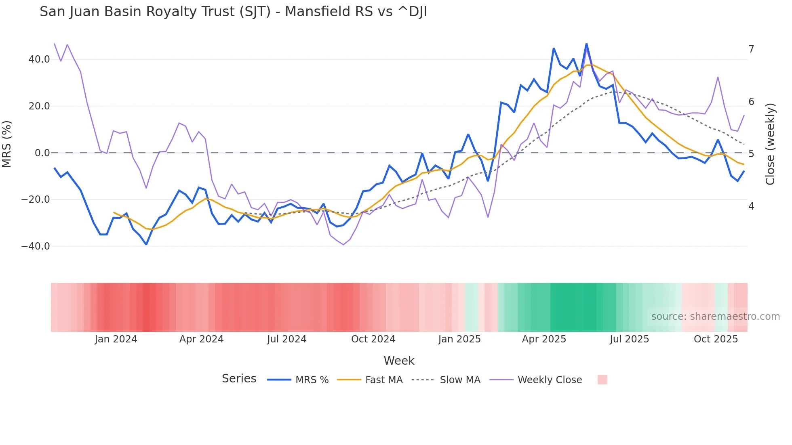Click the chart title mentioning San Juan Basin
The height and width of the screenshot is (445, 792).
click(x=233, y=12)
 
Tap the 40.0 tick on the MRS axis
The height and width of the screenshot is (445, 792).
click(x=39, y=59)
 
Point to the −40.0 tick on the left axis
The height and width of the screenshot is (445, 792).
click(x=36, y=246)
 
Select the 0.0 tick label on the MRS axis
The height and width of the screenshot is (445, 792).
click(x=42, y=153)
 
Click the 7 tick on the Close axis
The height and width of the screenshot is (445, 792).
click(x=751, y=49)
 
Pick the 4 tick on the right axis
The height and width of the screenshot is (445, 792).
click(x=751, y=206)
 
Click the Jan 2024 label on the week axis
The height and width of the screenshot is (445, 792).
click(x=116, y=339)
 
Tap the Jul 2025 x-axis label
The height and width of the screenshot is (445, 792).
click(x=629, y=339)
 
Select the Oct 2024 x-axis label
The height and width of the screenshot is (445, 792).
click(x=373, y=339)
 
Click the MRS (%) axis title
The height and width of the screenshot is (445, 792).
click(x=7, y=144)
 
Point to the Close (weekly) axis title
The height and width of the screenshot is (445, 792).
click(x=770, y=144)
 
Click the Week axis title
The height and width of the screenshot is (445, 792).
click(x=399, y=361)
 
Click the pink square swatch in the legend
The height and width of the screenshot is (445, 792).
click(x=602, y=380)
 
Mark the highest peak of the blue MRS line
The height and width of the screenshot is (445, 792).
click(x=586, y=44)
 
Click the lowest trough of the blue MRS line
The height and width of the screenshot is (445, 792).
click(x=146, y=244)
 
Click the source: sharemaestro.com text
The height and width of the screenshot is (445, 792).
click(x=715, y=317)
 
